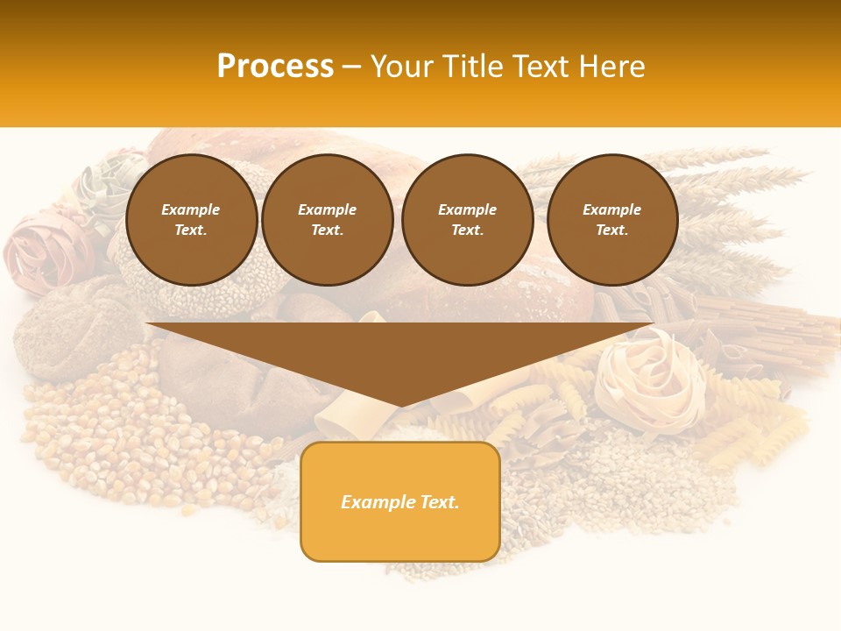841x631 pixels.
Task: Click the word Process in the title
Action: click(x=275, y=67)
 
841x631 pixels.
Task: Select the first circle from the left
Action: click(x=191, y=219)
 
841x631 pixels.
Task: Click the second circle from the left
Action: click(x=327, y=219)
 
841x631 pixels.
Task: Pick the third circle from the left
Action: click(x=467, y=219)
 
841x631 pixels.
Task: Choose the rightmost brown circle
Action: click(x=611, y=219)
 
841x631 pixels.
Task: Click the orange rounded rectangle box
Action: click(x=400, y=501)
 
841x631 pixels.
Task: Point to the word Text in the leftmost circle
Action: click(x=189, y=230)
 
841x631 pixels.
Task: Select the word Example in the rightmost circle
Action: click(x=611, y=209)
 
